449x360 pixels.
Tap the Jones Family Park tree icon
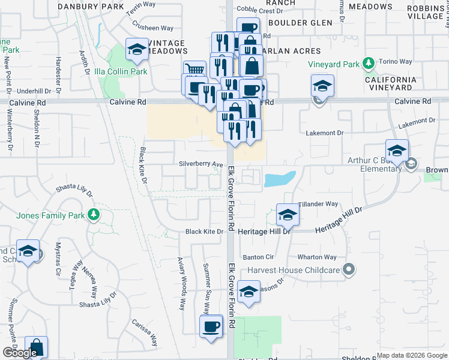point(93,214)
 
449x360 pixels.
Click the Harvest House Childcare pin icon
point(346,269)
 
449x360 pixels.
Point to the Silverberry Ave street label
point(201,164)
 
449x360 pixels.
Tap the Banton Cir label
point(258,257)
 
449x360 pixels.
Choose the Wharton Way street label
point(317,257)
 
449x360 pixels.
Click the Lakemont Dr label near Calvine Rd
point(324,133)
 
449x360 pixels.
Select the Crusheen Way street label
point(153,28)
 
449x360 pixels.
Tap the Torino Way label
point(398,62)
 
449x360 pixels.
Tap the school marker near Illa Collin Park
point(137,50)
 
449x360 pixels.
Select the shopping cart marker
point(194,70)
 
